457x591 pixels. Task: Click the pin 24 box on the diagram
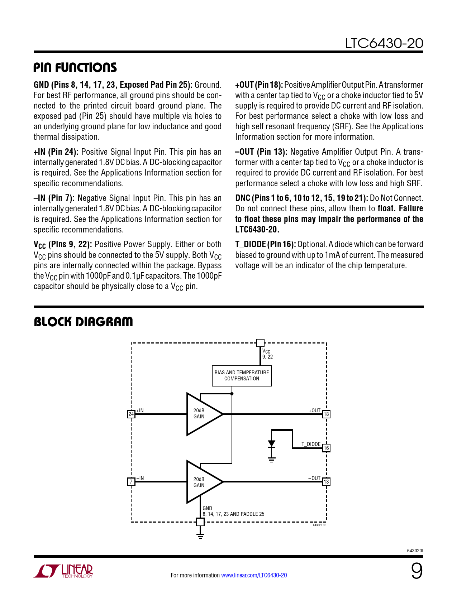(131, 414)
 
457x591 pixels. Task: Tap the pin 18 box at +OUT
(326, 414)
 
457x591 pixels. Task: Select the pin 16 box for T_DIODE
(326, 448)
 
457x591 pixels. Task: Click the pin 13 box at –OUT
(326, 482)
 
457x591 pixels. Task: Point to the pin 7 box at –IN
(131, 482)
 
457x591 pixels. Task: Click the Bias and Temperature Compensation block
(242, 376)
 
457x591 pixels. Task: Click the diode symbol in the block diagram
(272, 444)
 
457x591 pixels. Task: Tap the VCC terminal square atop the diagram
(261, 343)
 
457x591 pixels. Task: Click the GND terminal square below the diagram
(200, 522)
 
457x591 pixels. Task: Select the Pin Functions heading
(75, 67)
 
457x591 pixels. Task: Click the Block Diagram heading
(83, 322)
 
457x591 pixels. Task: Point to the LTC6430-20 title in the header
(384, 43)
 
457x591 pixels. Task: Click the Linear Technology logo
(63, 571)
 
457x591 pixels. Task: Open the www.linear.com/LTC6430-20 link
(254, 575)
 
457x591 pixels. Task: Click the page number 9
(416, 571)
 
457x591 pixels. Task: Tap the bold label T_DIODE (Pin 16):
(265, 244)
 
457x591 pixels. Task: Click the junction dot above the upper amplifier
(232, 394)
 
